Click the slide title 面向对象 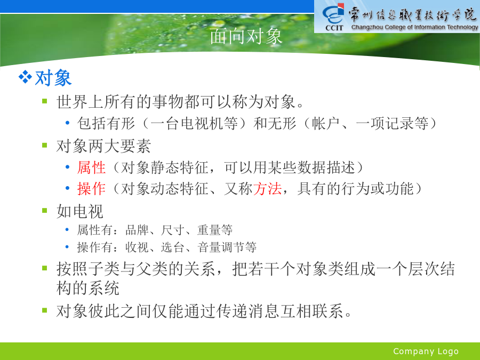pos(246,36)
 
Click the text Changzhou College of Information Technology pos(414,27)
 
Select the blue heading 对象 pos(53,78)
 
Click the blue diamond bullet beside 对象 pos(25,77)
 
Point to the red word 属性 pos(92,167)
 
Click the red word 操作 pos(92,188)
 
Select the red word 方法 pos(267,188)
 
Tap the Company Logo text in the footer pos(426,351)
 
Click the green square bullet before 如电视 pos(45,210)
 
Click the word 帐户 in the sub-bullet pos(325,123)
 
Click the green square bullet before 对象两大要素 pos(45,145)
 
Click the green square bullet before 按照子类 pos(45,268)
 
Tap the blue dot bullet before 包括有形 pos(67,123)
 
